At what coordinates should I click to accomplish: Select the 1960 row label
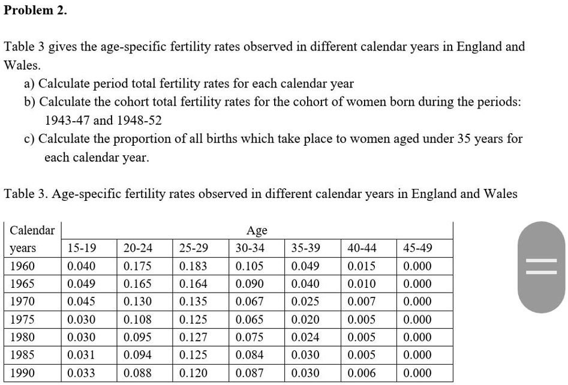click(23, 266)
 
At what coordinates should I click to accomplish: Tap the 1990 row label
click(23, 373)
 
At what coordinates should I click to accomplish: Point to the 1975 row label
click(23, 319)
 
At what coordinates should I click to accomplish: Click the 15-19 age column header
click(82, 248)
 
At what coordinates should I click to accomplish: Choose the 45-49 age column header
click(417, 248)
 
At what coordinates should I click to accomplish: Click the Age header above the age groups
click(257, 231)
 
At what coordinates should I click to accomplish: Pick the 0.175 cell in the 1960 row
click(137, 266)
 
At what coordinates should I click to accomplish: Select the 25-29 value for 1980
click(193, 337)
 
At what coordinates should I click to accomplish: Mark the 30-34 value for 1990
click(250, 373)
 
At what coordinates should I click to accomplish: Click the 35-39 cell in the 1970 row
click(305, 301)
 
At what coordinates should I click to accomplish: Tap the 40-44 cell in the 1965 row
click(362, 284)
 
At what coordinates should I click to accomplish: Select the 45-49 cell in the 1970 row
click(417, 301)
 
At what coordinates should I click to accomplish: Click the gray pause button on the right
click(541, 267)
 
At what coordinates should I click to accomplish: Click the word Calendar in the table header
click(32, 231)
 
